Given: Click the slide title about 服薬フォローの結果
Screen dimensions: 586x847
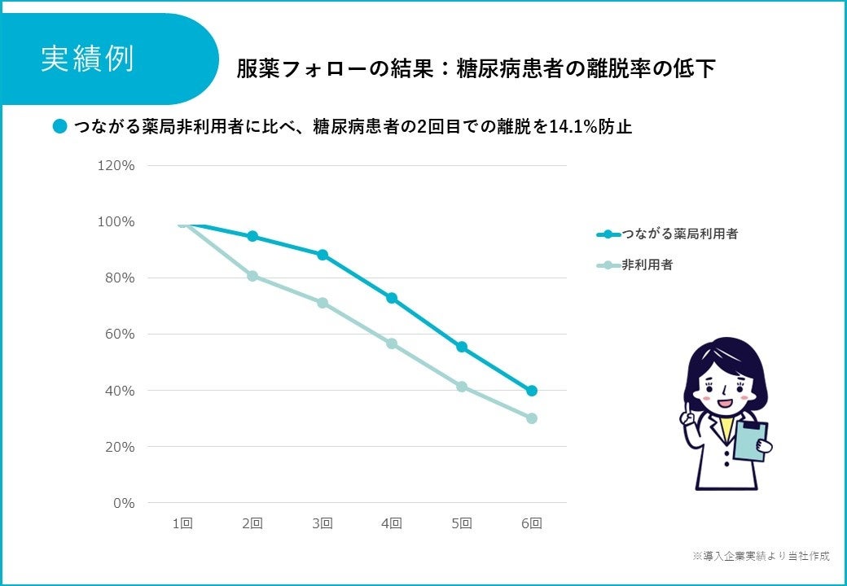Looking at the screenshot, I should click(x=476, y=69).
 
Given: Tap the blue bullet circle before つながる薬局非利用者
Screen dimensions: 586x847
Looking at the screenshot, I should click(x=59, y=127).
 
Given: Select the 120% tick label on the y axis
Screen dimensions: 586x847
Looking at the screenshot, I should click(x=116, y=165).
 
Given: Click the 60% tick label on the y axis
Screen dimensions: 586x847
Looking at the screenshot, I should click(x=120, y=335).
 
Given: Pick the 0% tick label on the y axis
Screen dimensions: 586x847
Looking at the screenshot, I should click(x=124, y=504).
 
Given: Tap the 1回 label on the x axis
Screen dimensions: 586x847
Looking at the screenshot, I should click(x=182, y=523).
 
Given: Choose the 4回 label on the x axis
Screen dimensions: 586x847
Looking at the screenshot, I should click(x=392, y=523).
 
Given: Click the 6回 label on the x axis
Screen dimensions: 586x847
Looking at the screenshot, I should click(x=531, y=523).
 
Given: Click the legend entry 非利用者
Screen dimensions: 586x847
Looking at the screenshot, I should click(x=647, y=265).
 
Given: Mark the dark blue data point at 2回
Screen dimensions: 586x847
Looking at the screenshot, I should click(x=252, y=236).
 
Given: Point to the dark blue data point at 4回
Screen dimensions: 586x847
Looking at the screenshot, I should click(x=392, y=298).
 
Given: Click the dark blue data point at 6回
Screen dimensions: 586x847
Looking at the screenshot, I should click(x=532, y=391).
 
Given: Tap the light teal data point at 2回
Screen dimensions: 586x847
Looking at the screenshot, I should click(x=252, y=276).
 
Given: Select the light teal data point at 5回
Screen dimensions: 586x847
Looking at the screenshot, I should click(x=462, y=387).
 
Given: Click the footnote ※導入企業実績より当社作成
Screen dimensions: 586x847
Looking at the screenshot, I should click(x=761, y=556).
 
